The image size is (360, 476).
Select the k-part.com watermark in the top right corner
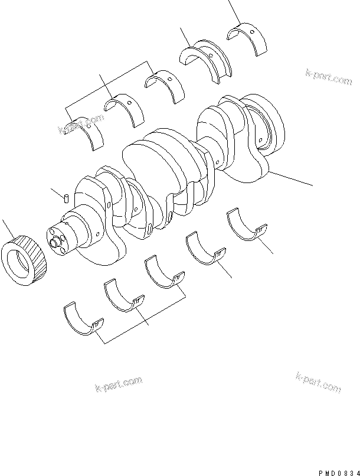pos(328,77)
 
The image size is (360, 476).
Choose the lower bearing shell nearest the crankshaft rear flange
pos(247,227)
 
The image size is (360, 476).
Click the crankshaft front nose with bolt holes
pos(59,239)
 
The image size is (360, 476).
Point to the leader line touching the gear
pos(7,227)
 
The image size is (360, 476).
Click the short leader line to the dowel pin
pos(57,191)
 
